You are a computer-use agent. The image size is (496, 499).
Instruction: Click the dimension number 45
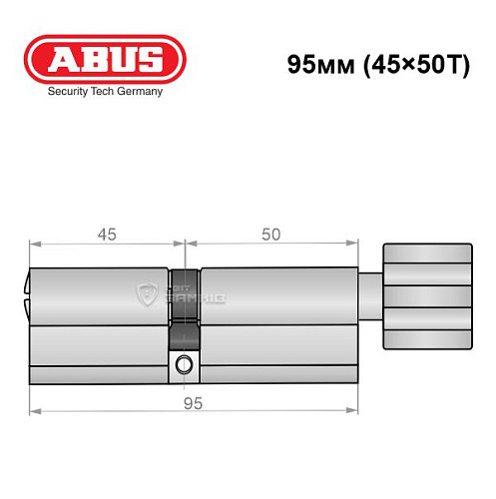(x=107, y=235)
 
